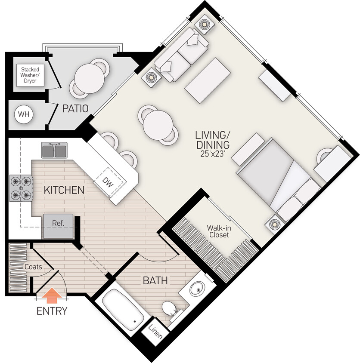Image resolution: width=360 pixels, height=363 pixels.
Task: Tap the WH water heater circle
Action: [x=23, y=115]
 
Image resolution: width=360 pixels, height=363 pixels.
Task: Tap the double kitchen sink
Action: [x=54, y=151]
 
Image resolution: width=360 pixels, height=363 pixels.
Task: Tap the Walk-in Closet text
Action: [x=218, y=231]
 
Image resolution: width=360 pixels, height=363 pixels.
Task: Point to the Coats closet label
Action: [x=33, y=267]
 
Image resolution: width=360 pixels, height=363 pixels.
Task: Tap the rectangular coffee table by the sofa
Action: [x=207, y=80]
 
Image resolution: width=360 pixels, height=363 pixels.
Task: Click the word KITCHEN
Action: [x=64, y=190]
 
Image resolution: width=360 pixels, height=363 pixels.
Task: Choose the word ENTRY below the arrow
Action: [x=52, y=311]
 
